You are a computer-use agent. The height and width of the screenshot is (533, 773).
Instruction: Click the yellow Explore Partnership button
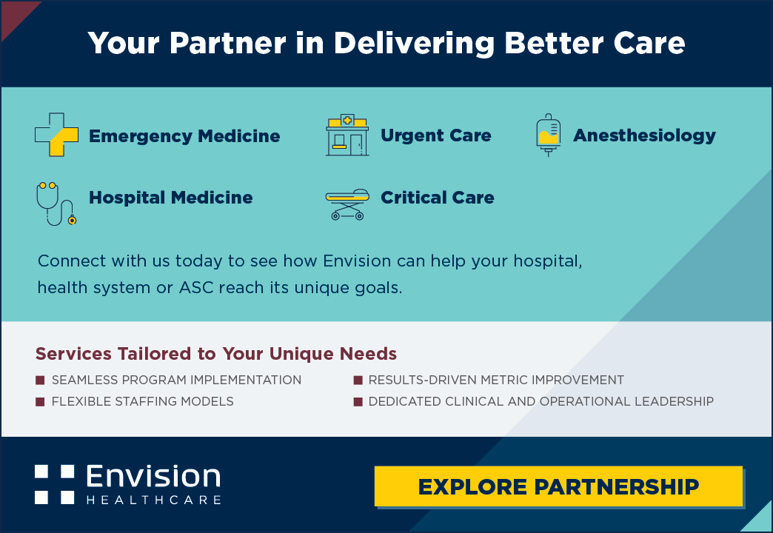point(558,486)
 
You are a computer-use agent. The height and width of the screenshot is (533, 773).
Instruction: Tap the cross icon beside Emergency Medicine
point(57,135)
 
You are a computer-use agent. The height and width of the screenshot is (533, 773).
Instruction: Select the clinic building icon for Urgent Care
point(347,135)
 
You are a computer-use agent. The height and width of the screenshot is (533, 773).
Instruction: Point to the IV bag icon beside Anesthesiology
point(548,135)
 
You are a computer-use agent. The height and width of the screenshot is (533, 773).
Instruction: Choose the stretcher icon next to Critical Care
point(347,204)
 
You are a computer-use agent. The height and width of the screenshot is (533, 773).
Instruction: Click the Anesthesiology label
point(644,135)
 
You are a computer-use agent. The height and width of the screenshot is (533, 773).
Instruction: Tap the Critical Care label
point(438,198)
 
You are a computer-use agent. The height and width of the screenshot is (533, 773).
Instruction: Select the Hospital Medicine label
point(170,198)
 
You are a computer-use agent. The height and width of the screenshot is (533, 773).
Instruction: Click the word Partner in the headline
point(228,43)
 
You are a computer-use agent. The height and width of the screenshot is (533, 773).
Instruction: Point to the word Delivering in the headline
point(414,44)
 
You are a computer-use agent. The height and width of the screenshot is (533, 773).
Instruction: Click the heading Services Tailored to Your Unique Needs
point(216,354)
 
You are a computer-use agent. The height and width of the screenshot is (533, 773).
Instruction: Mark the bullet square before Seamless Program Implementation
point(40,381)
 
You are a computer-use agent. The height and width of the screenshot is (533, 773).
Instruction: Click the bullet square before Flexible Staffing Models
point(40,401)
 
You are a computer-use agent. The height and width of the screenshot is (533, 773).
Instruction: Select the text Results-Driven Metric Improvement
point(496,381)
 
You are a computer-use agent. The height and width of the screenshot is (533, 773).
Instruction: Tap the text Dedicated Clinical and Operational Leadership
point(541,401)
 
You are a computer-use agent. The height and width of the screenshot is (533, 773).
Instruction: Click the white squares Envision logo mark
point(54,484)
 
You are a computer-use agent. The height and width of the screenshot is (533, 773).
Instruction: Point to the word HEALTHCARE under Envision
point(154,500)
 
